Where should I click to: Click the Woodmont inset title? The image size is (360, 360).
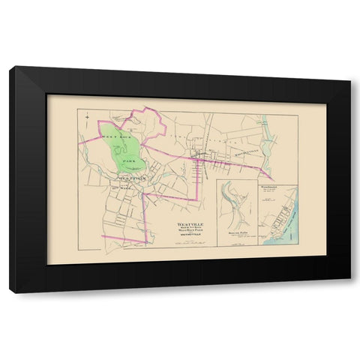[272, 187]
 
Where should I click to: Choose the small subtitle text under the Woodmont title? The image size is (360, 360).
[271, 193]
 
